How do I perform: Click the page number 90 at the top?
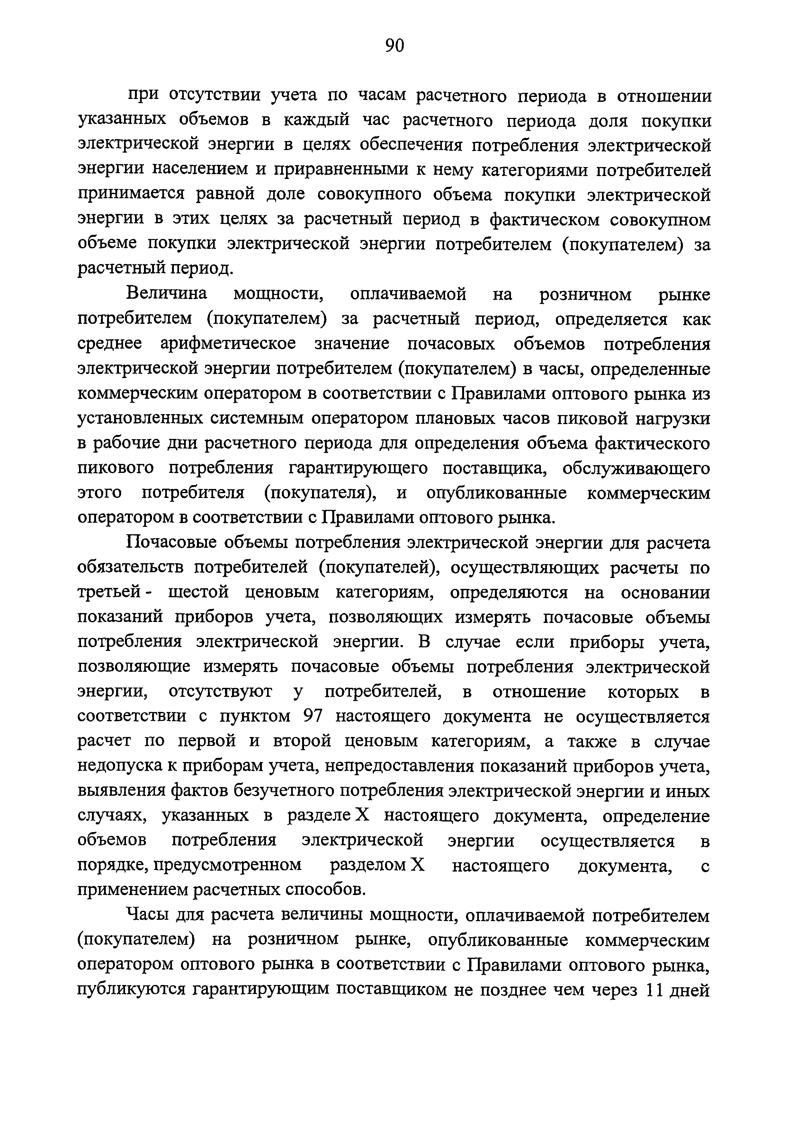coord(394,45)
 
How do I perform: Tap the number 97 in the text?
coord(312,717)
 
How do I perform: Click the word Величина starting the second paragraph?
coord(167,294)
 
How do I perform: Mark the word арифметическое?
coord(228,344)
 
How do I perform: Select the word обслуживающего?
coord(636,468)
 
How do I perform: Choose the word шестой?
coord(199,592)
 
